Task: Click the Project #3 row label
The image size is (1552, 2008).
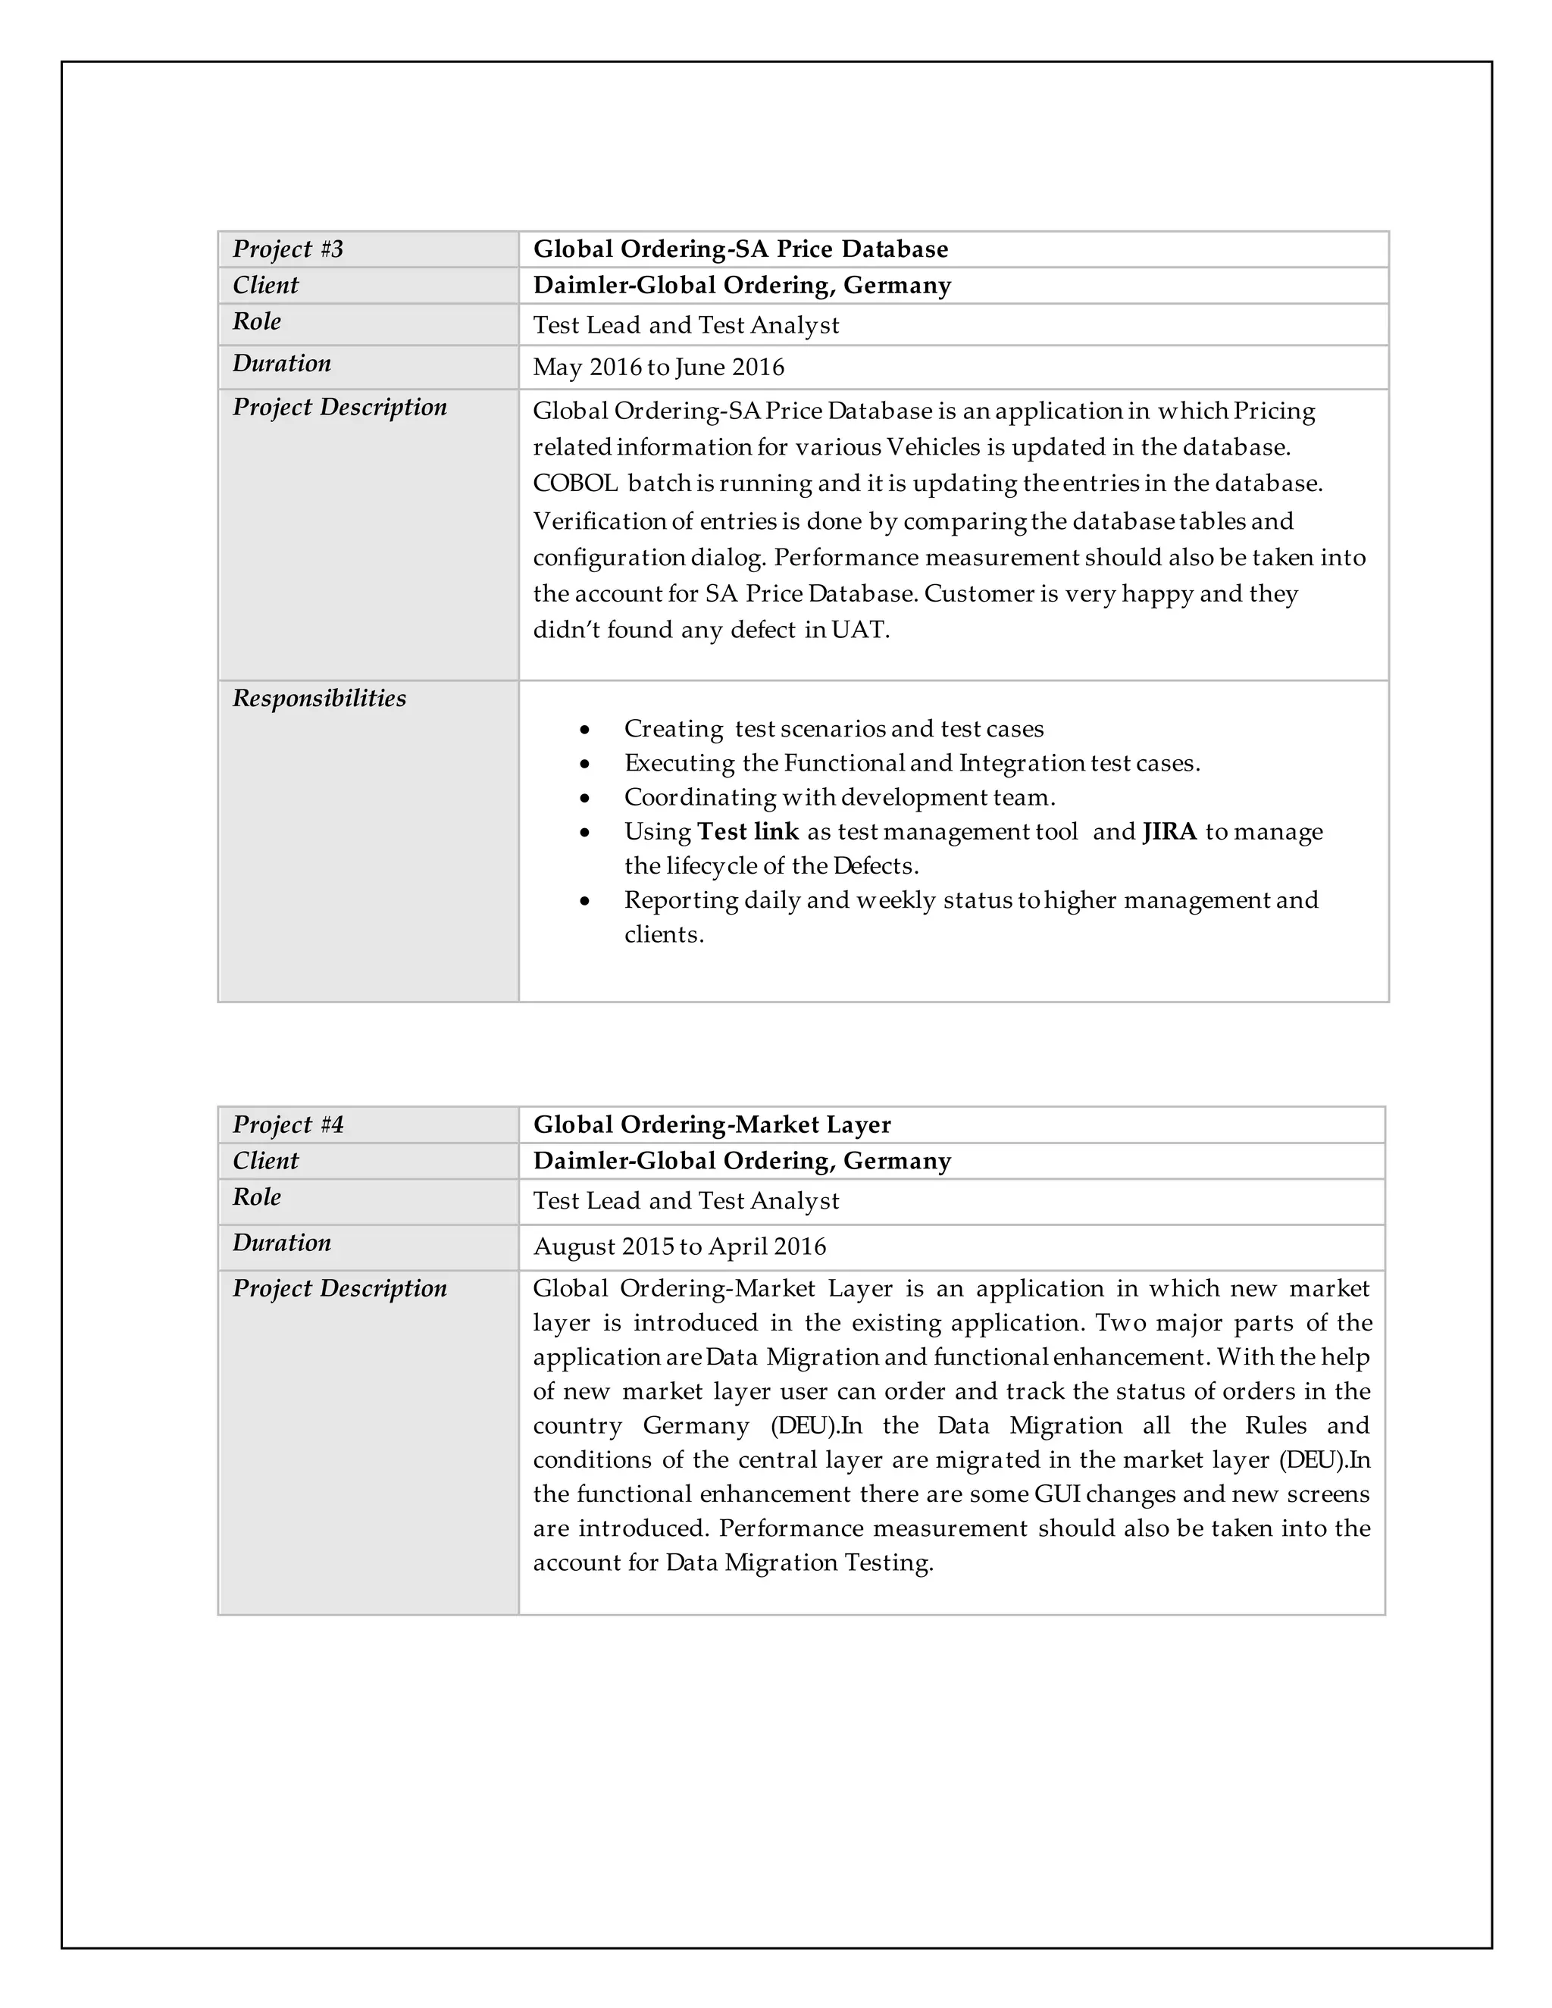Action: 288,249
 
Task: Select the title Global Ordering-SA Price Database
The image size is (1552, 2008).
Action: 740,249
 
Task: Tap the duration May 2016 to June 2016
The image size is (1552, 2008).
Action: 659,368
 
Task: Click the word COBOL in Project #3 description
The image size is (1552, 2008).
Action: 574,483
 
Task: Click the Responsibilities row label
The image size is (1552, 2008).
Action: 319,699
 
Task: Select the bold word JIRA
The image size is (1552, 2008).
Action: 1169,832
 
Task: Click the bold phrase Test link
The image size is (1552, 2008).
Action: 747,832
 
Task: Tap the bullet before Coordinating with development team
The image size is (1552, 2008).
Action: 585,798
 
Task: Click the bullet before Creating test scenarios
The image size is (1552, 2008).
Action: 585,730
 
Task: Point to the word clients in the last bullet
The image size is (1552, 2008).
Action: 662,935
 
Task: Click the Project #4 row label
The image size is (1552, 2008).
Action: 288,1124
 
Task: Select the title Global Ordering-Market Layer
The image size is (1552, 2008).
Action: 712,1124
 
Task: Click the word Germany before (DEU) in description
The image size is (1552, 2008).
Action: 695,1426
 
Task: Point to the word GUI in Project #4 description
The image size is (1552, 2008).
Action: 1056,1494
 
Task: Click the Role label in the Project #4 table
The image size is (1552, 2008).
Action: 257,1197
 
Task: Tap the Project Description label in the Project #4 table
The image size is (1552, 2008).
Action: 339,1288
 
